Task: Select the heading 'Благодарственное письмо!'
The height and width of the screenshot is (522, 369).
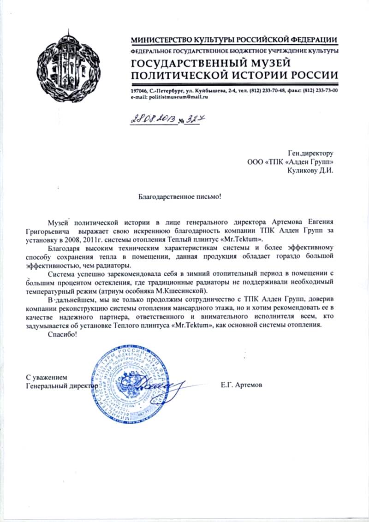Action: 180,197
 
